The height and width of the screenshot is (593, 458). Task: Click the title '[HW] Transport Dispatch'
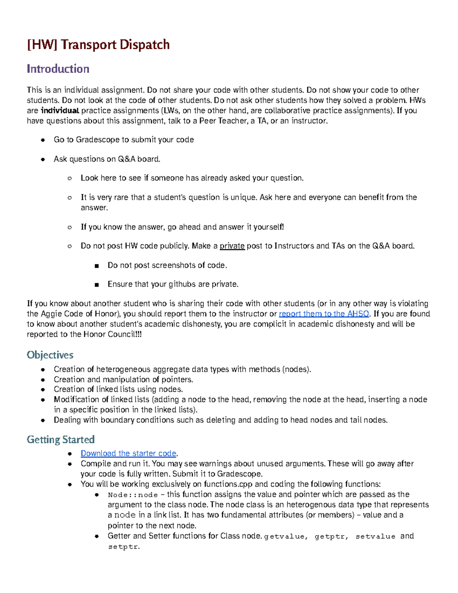point(98,45)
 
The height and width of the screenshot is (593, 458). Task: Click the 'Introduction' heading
point(58,69)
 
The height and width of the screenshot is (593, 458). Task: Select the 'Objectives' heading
point(50,355)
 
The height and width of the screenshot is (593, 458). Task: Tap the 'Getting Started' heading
point(61,439)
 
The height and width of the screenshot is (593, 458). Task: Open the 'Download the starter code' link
point(128,453)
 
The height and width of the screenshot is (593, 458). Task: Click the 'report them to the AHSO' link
point(324,314)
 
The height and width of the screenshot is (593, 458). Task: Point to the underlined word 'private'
point(232,246)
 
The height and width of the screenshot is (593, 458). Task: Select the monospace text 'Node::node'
point(133,495)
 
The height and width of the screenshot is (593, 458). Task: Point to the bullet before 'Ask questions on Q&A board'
point(43,159)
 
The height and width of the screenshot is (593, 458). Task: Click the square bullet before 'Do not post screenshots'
point(97,266)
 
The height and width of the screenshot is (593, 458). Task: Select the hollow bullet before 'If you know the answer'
point(69,227)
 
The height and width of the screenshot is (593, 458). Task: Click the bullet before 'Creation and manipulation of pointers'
point(43,380)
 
